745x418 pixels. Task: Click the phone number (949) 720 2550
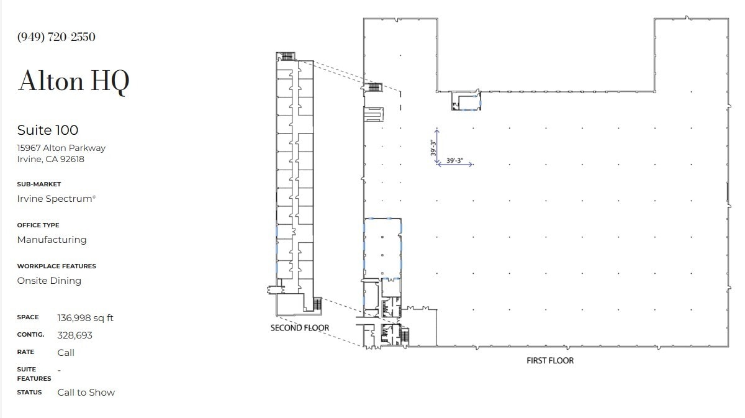(x=56, y=37)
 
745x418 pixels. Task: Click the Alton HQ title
(x=74, y=81)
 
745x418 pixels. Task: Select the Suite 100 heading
(x=48, y=130)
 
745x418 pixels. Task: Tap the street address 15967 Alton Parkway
(x=61, y=148)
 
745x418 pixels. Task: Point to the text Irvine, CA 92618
(x=51, y=159)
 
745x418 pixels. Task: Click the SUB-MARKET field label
(x=38, y=184)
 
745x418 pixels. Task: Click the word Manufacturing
(x=52, y=240)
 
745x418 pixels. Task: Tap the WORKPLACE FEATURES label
(x=56, y=266)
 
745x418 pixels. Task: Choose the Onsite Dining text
(x=49, y=281)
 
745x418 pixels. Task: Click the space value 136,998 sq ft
(x=86, y=318)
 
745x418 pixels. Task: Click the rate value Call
(x=66, y=353)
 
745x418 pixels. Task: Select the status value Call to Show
(x=86, y=393)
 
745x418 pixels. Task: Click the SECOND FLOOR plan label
(x=300, y=327)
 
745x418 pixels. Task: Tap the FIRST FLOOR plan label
(x=550, y=360)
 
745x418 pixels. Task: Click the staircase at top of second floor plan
(x=286, y=57)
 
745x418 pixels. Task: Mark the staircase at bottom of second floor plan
(x=318, y=304)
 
